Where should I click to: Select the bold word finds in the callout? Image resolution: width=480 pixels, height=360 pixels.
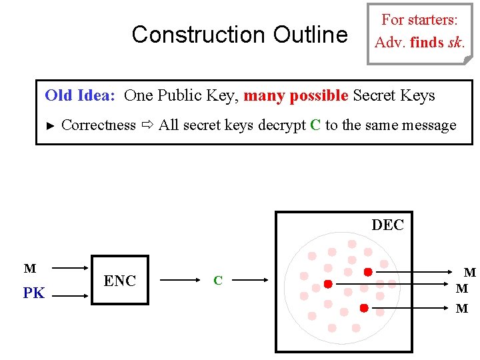(x=427, y=43)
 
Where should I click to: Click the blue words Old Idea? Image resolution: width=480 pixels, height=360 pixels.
(x=80, y=95)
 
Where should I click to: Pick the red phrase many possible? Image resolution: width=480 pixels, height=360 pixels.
(x=295, y=95)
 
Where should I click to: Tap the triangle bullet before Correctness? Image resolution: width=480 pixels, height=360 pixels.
(x=50, y=125)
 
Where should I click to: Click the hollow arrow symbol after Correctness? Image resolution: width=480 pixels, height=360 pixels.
(x=147, y=125)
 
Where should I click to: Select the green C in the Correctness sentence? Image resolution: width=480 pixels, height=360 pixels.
(x=316, y=125)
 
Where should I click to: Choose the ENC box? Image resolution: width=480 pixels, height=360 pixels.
(x=120, y=281)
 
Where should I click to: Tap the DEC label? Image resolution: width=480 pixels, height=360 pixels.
(x=387, y=225)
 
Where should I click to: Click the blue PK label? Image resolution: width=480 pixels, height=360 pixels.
(x=33, y=293)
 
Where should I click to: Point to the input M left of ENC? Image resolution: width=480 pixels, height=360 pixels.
(x=30, y=269)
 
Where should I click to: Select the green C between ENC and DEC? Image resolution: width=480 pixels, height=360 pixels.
(x=217, y=281)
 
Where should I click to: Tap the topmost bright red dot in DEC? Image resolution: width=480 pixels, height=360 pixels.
(x=367, y=272)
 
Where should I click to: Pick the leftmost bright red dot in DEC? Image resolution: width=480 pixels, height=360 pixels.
(x=328, y=284)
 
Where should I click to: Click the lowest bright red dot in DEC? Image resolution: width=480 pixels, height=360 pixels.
(x=364, y=308)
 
